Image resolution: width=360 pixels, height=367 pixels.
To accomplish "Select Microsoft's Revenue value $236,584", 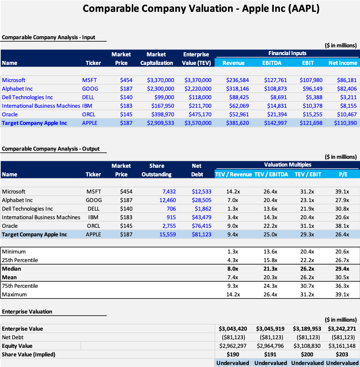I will click(x=237, y=80).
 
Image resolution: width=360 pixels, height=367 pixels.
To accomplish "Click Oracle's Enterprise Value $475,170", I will click(x=198, y=114).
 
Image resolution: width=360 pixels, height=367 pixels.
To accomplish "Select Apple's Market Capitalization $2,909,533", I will click(x=161, y=123).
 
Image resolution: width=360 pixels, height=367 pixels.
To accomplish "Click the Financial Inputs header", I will click(x=287, y=53).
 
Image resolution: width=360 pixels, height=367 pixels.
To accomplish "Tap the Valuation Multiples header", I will click(x=287, y=165).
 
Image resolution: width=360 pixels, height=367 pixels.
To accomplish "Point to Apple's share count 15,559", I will click(x=167, y=234).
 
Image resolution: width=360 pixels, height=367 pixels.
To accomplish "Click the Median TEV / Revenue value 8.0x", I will click(x=232, y=269).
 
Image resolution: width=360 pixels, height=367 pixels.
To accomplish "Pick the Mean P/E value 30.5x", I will click(x=342, y=277).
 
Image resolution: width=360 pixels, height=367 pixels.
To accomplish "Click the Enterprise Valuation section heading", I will click(x=27, y=311).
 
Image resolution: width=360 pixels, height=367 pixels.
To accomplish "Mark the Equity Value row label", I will click(x=17, y=346).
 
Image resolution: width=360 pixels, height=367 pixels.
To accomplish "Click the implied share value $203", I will click(x=342, y=354).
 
